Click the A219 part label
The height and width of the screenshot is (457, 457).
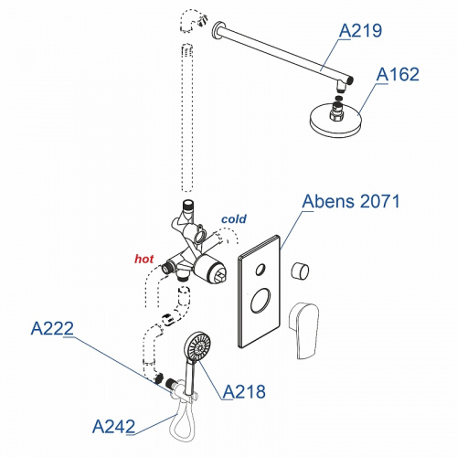click(360, 30)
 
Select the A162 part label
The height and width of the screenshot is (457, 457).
click(398, 74)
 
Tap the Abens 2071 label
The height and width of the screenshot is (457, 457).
click(351, 201)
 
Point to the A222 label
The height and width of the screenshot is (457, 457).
click(52, 328)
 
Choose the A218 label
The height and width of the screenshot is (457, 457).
click(244, 392)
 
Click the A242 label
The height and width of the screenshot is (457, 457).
click(113, 427)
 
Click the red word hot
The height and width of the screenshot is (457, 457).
click(144, 259)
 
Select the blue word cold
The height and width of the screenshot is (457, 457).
click(234, 219)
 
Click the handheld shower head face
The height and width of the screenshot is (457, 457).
click(198, 347)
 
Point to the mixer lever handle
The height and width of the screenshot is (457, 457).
click(303, 330)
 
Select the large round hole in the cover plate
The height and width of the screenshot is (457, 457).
click(260, 300)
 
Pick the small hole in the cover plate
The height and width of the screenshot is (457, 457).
click(260, 270)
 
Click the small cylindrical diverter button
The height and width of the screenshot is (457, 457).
click(300, 271)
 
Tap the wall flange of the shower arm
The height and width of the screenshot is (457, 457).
click(218, 30)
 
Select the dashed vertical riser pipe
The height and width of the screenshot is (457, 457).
click(187, 118)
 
